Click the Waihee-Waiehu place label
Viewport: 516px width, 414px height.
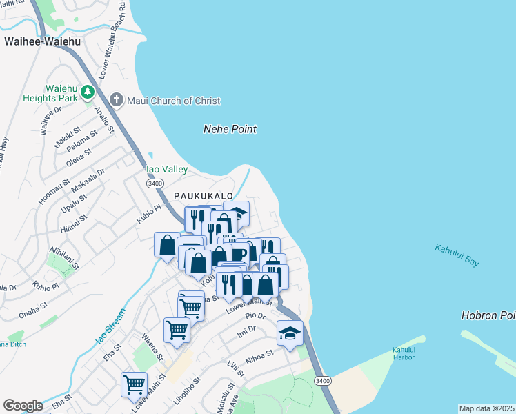[42, 41]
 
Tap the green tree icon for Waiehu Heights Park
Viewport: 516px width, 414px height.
[88, 92]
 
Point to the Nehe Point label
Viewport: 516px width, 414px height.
[230, 129]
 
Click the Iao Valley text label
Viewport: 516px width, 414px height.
[166, 169]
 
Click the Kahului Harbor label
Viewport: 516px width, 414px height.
[404, 353]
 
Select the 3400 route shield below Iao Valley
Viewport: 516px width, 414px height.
[155, 183]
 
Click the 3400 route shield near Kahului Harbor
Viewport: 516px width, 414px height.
[322, 381]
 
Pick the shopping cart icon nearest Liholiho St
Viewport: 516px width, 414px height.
[133, 384]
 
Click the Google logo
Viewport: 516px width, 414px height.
[23, 406]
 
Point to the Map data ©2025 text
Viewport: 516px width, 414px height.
[486, 408]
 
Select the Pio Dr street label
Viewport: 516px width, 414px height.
[255, 315]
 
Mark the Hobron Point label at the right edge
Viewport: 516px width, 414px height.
[488, 315]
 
